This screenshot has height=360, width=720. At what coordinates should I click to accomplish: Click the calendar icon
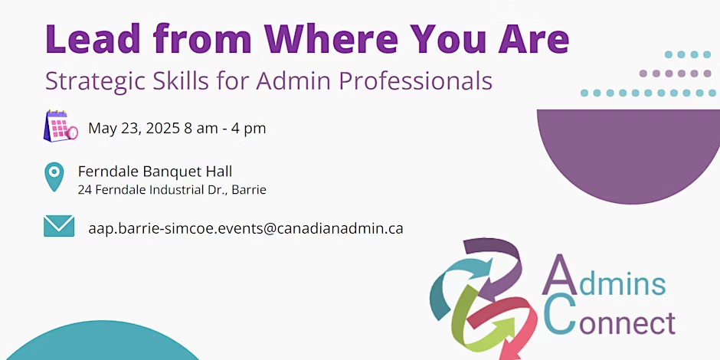click(x=61, y=126)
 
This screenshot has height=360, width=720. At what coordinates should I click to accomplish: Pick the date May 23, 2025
click(x=133, y=129)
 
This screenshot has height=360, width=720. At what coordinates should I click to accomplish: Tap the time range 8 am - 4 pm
click(x=225, y=128)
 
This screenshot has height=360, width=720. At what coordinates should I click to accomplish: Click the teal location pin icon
click(x=54, y=176)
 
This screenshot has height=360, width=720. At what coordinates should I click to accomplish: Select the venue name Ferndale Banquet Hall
click(x=155, y=172)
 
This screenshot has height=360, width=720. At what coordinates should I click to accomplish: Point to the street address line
click(x=172, y=190)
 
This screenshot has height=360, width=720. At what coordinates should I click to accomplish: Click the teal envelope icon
click(x=59, y=226)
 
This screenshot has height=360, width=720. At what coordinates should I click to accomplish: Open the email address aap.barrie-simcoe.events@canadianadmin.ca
click(x=246, y=228)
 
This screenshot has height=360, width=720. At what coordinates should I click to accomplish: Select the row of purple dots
click(x=675, y=74)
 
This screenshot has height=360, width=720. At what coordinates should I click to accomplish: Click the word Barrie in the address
click(x=249, y=190)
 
